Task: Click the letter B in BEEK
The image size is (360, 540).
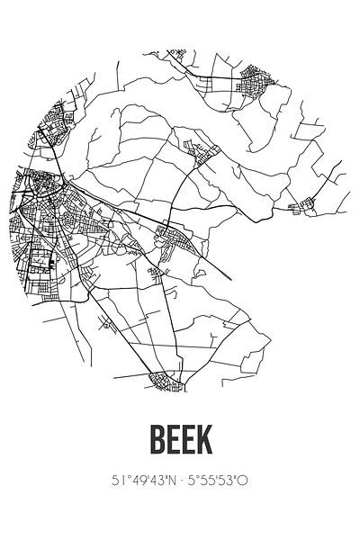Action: pos(149,443)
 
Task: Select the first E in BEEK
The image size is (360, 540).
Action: pos(169,443)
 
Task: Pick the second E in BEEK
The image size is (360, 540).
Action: pos(188,443)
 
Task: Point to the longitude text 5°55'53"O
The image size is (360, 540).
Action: pos(219,481)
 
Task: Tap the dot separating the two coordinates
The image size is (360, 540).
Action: pos(180,481)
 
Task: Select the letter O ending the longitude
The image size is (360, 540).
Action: pos(245,481)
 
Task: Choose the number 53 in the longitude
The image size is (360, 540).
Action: pos(230,481)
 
